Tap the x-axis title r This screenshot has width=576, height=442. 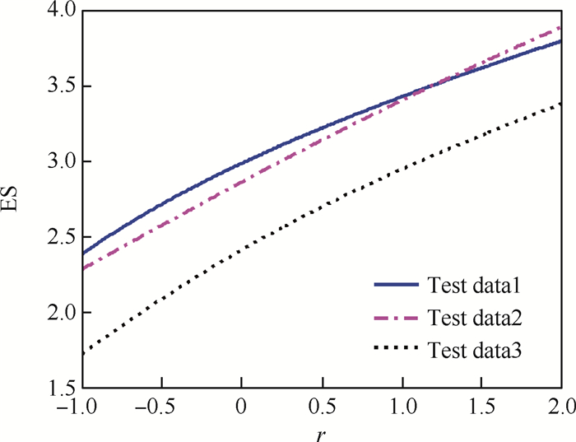click(322, 433)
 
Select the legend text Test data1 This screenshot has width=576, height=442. click(476, 287)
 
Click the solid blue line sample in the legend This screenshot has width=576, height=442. click(397, 287)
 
